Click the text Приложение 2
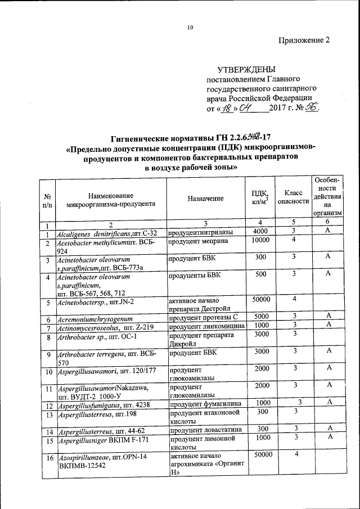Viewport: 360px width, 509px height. click(x=304, y=40)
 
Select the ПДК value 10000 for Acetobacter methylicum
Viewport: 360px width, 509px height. click(x=261, y=241)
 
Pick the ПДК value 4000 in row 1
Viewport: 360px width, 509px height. click(x=261, y=231)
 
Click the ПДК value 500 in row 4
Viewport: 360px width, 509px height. click(x=261, y=274)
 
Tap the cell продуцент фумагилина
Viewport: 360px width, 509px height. click(x=202, y=405)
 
